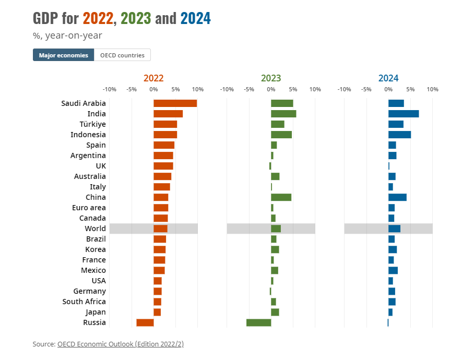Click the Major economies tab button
63,55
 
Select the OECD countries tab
122,55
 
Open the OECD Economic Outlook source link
121,344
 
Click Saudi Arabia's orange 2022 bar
175,103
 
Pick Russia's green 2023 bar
258,322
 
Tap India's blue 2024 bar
403,114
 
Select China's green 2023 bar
281,197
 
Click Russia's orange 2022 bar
145,322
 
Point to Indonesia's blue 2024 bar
399,135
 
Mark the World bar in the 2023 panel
276,229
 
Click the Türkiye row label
92,124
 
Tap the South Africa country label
84,302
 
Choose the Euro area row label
89,208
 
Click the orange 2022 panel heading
153,78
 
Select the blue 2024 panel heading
388,78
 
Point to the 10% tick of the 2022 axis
197,89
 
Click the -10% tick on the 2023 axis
227,89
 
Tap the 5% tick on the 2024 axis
410,89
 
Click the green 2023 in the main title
136,19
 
